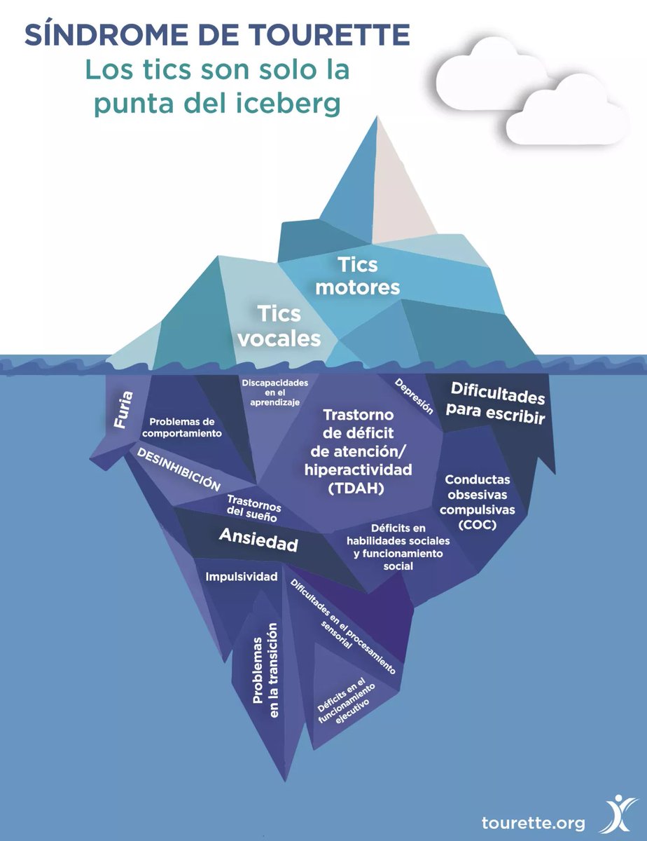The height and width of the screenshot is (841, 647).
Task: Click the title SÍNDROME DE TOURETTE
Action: coord(216,35)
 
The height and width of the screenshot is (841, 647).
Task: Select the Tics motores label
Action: coord(358,275)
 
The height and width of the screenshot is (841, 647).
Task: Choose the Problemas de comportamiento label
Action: coord(186,428)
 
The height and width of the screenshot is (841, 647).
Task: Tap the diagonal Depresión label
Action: coord(415,397)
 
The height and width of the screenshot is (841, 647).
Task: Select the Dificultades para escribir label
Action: coord(496,404)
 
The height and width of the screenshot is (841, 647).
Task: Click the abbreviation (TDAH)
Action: coord(357,488)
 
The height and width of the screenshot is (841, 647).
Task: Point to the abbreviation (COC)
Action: coord(478,524)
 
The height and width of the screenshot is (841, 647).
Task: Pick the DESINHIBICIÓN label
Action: coord(179,470)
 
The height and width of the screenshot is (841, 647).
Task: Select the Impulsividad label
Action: coord(242,577)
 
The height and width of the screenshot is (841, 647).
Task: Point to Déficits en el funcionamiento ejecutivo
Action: coord(341,703)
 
